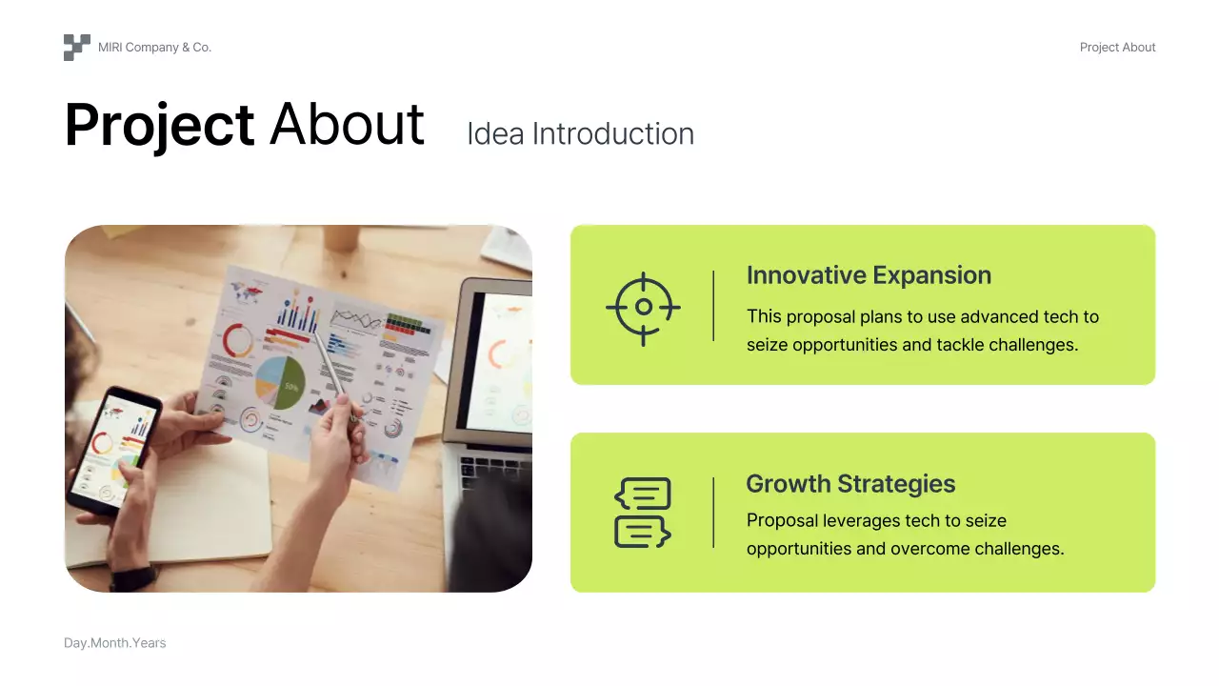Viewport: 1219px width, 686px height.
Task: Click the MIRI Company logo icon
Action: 77,48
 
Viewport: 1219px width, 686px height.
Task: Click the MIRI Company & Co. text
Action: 154,48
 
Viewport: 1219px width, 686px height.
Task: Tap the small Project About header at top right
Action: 1117,48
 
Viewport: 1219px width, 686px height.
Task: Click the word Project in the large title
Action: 159,125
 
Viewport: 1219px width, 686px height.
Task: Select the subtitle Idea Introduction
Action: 581,134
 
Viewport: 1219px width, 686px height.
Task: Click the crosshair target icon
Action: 643,308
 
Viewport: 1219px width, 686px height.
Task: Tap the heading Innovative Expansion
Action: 869,275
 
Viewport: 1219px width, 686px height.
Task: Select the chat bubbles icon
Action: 643,513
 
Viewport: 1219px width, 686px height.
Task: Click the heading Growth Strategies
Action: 850,483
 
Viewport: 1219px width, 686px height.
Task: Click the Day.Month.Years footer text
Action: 115,643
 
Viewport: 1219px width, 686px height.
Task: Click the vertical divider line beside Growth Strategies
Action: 713,513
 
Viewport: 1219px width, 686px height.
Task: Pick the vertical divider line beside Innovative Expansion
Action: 713,306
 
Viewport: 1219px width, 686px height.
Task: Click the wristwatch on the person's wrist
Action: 134,578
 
